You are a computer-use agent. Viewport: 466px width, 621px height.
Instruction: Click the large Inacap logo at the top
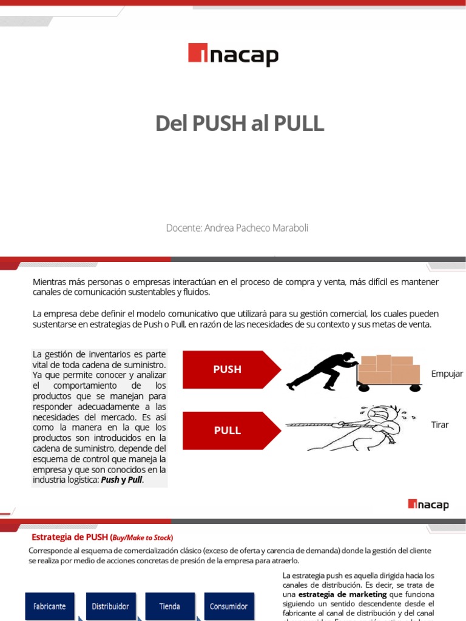pos(233,55)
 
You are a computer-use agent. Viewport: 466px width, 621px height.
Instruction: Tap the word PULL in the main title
pos(298,124)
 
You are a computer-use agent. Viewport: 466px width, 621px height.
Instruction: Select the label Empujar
pos(447,374)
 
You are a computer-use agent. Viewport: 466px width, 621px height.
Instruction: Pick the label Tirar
pos(440,425)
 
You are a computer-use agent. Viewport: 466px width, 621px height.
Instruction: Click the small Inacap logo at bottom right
pos(428,504)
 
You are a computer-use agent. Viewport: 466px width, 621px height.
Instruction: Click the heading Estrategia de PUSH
pos(69,537)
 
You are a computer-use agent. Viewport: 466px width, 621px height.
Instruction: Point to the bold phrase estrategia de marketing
pos(342,595)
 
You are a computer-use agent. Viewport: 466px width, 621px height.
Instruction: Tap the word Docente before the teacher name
pos(183,228)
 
